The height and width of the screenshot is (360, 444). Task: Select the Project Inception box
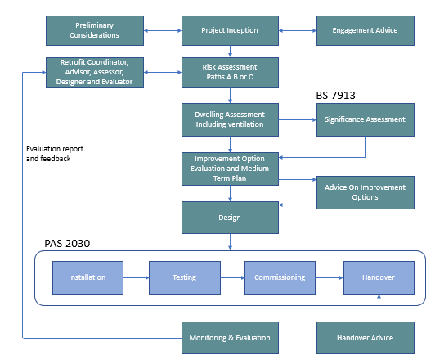click(x=230, y=30)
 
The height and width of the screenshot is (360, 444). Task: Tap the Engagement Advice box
click(x=365, y=30)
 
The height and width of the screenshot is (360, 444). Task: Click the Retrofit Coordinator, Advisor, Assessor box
click(x=96, y=72)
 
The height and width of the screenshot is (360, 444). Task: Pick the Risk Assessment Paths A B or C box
click(x=230, y=72)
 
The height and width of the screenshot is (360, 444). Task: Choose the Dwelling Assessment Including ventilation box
click(x=230, y=119)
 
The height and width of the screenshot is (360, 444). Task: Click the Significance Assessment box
click(x=365, y=119)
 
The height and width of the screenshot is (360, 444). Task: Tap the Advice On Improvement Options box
click(x=365, y=191)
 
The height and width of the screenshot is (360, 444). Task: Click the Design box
click(x=230, y=218)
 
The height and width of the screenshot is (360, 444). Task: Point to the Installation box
click(x=87, y=277)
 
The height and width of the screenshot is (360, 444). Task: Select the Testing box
click(x=184, y=277)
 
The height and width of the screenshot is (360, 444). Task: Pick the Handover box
click(x=377, y=277)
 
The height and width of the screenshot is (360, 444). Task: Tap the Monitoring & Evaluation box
click(x=230, y=337)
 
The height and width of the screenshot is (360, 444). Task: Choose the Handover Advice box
click(x=365, y=337)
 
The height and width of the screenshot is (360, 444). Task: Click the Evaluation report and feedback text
click(x=54, y=153)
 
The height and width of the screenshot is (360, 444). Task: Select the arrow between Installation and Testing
click(x=136, y=278)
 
